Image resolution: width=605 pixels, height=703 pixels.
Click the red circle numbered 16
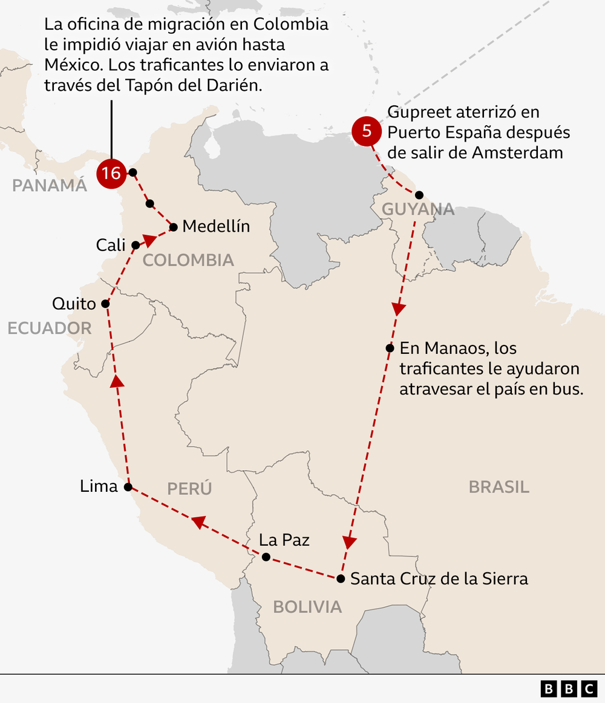point(111,174)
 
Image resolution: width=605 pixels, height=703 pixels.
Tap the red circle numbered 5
point(366,131)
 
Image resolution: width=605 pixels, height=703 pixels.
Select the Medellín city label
point(216,226)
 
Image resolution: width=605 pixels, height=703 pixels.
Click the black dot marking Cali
point(136,245)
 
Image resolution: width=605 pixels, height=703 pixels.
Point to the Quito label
point(74,303)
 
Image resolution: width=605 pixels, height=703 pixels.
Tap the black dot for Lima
point(128,486)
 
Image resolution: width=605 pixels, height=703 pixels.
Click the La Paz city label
point(284,540)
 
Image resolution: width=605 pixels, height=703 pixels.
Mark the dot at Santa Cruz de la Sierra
point(341,579)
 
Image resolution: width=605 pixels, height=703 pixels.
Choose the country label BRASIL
point(499,486)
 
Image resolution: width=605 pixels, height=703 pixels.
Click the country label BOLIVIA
point(307,607)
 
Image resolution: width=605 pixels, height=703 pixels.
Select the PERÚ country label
point(189,488)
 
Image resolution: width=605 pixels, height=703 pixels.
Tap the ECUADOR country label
point(50,328)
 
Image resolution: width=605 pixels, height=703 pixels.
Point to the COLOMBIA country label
point(188,260)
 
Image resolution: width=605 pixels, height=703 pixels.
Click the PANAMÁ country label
point(50,186)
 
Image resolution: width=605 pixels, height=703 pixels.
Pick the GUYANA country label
point(418,209)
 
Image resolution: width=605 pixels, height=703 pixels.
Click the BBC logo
point(569,688)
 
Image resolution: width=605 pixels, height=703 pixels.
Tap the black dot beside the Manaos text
point(390,348)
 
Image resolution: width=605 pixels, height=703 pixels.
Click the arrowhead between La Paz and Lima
point(198,522)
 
